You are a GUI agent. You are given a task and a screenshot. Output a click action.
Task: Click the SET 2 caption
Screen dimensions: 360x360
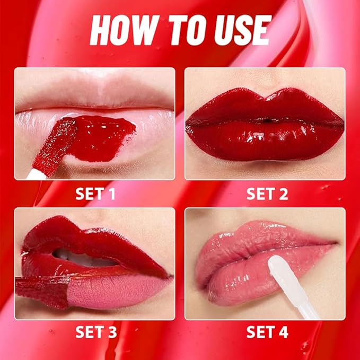(267, 194)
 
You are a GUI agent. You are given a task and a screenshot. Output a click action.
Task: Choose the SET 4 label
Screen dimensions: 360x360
(267, 332)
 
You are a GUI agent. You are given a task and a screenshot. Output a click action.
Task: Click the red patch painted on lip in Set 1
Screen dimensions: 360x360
(103, 136)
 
